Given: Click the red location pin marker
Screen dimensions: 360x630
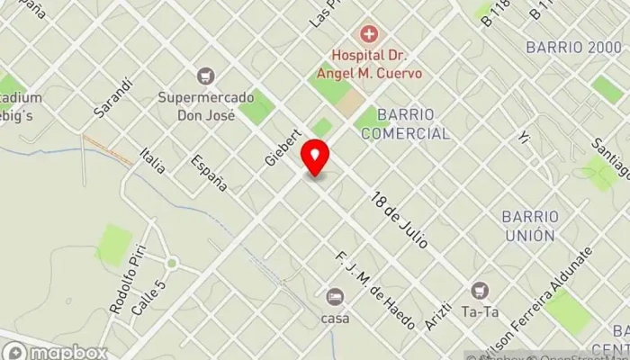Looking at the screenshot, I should pyautogui.click(x=315, y=157).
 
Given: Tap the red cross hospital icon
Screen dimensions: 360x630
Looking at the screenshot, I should pyautogui.click(x=367, y=35).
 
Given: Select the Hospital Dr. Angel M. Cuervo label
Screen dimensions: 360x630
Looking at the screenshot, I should pyautogui.click(x=367, y=63).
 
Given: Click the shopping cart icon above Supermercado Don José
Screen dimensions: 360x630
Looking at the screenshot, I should pyautogui.click(x=207, y=76).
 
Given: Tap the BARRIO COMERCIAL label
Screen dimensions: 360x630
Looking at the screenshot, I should pyautogui.click(x=405, y=124).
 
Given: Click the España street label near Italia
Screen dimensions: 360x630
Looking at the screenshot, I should pyautogui.click(x=208, y=172).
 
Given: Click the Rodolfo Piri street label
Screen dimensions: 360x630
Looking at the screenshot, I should pyautogui.click(x=126, y=284).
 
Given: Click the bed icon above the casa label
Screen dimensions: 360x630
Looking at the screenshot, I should pyautogui.click(x=335, y=296).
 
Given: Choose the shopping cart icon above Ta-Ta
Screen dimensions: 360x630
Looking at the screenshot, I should pyautogui.click(x=480, y=290).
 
